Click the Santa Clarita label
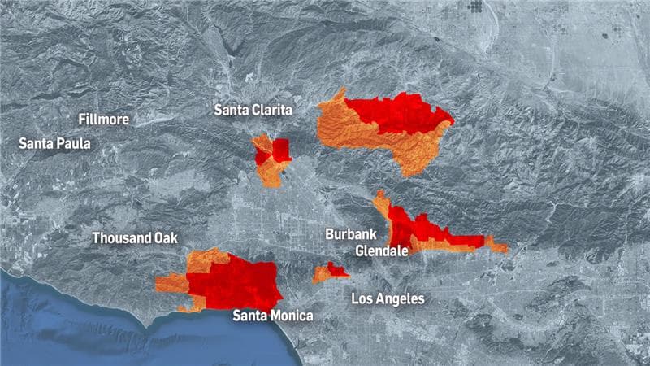pyautogui.click(x=253, y=109)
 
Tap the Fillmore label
pyautogui.click(x=103, y=120)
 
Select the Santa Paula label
pyautogui.click(x=54, y=143)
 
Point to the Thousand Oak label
pyautogui.click(x=134, y=238)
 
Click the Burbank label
pyautogui.click(x=351, y=234)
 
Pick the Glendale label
pyautogui.click(x=382, y=251)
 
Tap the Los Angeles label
pyautogui.click(x=388, y=298)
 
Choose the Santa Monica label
pyautogui.click(x=272, y=316)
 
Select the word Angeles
pyautogui.click(x=399, y=298)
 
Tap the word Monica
pyautogui.click(x=292, y=316)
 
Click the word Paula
pyautogui.click(x=73, y=143)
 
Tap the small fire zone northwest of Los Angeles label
pyautogui.click(x=331, y=271)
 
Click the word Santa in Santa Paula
pyautogui.click(x=36, y=143)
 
